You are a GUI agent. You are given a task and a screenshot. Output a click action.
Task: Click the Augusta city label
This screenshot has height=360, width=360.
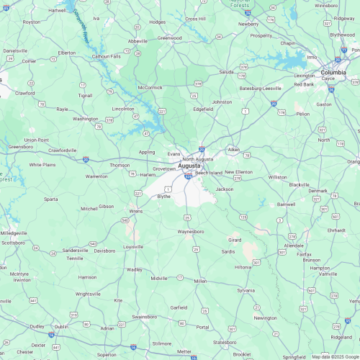click(x=189, y=166)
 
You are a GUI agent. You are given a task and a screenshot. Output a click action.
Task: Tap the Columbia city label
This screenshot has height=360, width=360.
click(x=333, y=73)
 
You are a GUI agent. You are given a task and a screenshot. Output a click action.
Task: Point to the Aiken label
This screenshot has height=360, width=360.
click(x=233, y=149)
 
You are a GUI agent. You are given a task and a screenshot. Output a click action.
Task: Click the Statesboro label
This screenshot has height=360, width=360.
click(x=225, y=342)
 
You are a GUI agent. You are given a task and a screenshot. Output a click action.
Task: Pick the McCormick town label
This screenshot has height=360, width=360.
click(x=150, y=88)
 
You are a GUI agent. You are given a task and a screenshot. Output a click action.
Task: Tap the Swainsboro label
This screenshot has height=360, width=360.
click(x=145, y=316)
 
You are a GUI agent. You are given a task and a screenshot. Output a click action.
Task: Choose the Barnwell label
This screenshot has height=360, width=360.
click(x=286, y=204)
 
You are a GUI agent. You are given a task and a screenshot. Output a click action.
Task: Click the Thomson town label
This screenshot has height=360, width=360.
click(x=120, y=165)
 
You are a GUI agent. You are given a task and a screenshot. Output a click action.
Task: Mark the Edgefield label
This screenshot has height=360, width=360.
click(x=204, y=109)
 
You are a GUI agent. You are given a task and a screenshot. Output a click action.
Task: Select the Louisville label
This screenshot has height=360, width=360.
click(x=133, y=246)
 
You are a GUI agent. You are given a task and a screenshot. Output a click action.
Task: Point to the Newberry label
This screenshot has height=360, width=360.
click(x=248, y=24)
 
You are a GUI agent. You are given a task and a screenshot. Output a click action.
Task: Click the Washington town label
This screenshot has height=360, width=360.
click(x=86, y=119)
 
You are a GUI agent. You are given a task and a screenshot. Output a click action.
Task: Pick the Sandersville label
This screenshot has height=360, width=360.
click(x=76, y=250)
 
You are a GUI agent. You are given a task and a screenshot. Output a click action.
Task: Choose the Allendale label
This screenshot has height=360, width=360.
click(x=294, y=246)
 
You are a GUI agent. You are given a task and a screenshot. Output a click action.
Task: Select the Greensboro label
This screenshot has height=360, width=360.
click(x=20, y=146)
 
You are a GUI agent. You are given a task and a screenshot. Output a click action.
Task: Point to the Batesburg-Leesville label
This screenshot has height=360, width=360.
click(x=260, y=88)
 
